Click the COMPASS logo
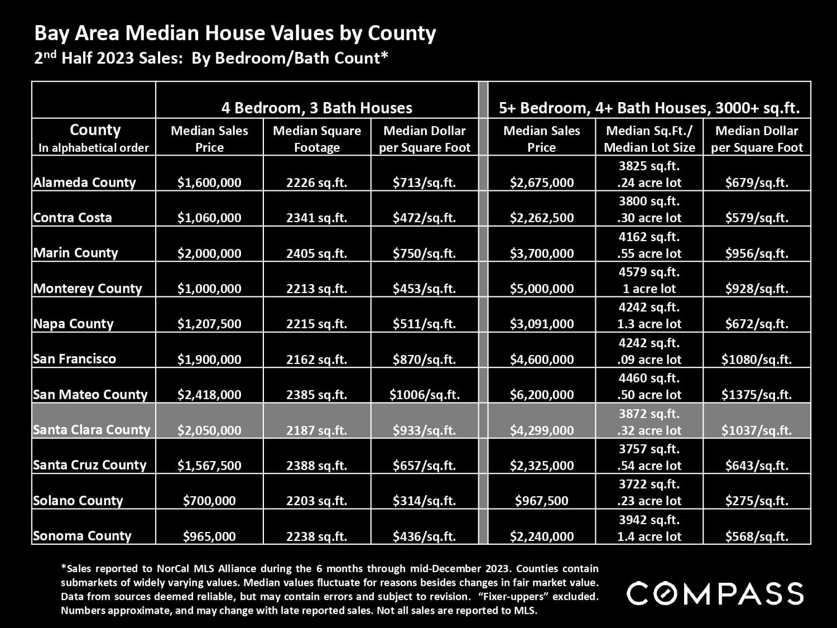pos(715,593)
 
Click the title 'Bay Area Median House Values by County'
pos(235,33)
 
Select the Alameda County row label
pos(84,183)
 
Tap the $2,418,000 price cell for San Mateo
pos(209,395)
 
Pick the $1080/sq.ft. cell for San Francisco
pos(756,359)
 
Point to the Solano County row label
pos(78,501)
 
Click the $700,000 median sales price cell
pos(209,501)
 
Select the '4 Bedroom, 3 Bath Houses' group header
pos(316,108)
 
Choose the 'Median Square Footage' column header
pos(316,138)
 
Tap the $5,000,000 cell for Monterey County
pos(541,289)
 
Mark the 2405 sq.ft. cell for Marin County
pos(316,253)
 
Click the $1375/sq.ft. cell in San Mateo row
pos(756,395)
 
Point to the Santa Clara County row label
pos(92,430)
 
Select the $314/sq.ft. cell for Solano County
pos(424,501)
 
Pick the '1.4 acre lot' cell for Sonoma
pos(649,536)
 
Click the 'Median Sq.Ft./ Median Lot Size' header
pos(649,138)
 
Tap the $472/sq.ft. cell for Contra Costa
pos(424,218)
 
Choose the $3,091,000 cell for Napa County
pos(541,324)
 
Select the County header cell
pos(94,137)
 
